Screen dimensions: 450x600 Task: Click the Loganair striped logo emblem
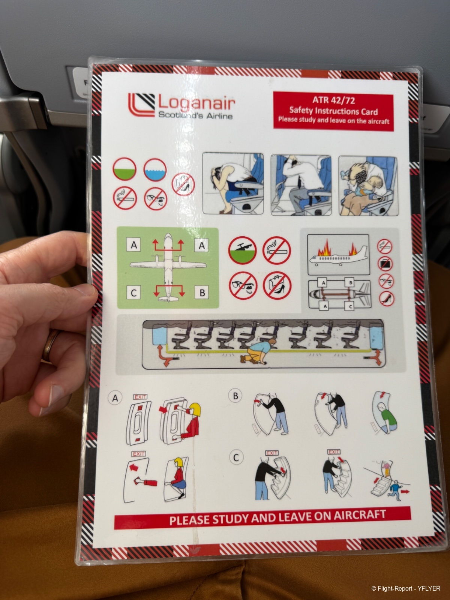141,105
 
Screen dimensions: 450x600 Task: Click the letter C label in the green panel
133,293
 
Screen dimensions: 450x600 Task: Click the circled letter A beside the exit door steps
115,398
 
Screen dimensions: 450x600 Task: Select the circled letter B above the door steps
235,396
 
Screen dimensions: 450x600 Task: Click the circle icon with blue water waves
155,170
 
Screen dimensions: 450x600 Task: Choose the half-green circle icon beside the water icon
124,169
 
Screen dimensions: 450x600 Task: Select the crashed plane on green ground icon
242,250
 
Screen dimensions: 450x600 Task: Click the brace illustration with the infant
368,186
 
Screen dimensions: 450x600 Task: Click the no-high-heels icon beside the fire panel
387,298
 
